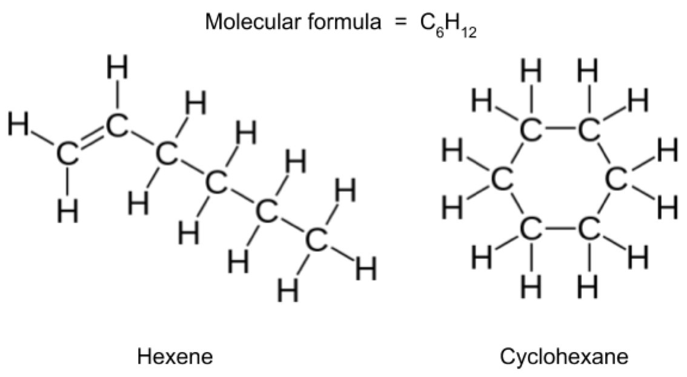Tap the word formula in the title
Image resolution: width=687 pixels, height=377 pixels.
[343, 21]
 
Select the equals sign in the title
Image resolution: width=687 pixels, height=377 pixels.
[400, 22]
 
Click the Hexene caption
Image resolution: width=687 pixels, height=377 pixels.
[175, 356]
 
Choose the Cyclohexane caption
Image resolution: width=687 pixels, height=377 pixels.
[565, 356]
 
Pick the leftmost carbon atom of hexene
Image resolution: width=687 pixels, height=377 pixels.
[67, 154]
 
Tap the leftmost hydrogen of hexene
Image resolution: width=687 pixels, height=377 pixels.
[18, 124]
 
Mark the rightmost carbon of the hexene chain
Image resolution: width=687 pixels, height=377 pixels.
[316, 240]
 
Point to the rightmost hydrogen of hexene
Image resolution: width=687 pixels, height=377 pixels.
[366, 269]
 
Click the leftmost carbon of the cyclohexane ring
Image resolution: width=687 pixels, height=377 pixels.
[502, 179]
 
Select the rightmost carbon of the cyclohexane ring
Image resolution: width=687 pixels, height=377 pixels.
[617, 179]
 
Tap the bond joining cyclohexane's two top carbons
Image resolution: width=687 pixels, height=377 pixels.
[560, 130]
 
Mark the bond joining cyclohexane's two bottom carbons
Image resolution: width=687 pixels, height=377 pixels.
[560, 229]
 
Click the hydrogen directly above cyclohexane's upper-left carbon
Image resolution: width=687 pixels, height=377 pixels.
[531, 72]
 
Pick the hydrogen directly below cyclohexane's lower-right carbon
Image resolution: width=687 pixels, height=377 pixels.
[588, 287]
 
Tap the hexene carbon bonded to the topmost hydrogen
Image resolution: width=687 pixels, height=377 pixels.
[117, 125]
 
